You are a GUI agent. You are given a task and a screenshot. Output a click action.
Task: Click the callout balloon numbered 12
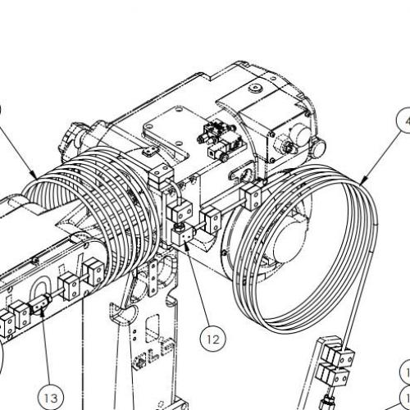pos(213,335)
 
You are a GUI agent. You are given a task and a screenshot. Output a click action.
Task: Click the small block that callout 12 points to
pos(185,235)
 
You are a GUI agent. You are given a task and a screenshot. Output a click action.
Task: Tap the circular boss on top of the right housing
pos(254,85)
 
